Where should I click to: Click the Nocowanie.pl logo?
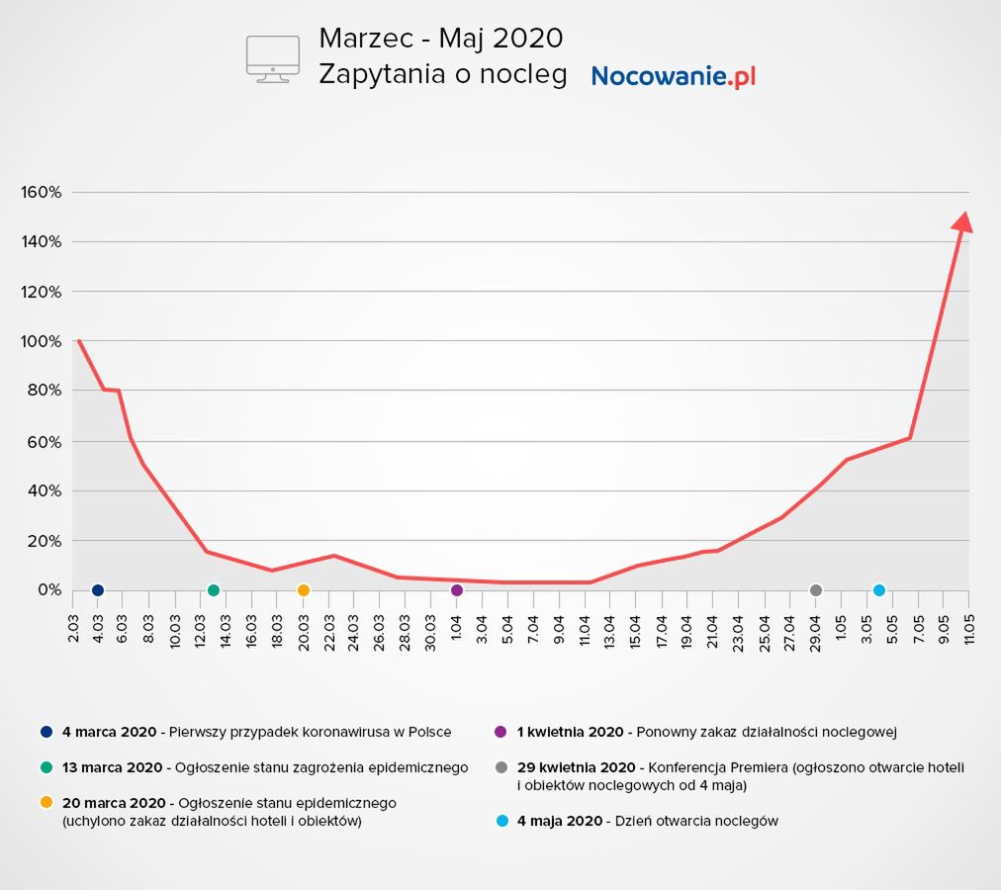tap(673, 76)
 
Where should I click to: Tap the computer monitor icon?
tap(272, 58)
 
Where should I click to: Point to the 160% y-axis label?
tap(42, 192)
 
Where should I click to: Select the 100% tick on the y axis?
tap(42, 341)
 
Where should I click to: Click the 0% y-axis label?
tap(47, 590)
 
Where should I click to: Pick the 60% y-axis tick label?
tap(44, 441)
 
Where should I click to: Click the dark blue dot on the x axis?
tap(98, 590)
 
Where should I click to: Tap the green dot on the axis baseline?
tap(214, 590)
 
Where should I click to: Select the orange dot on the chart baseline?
tap(304, 590)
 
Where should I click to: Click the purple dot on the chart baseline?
tap(457, 590)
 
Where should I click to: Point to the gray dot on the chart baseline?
tap(816, 590)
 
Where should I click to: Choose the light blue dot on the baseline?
tap(879, 590)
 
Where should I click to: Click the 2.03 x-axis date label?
tap(73, 628)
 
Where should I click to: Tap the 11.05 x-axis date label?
tap(968, 628)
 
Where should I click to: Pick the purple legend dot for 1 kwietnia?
tap(500, 732)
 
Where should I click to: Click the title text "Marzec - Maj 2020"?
tap(440, 39)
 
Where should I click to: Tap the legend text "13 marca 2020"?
tap(112, 767)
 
